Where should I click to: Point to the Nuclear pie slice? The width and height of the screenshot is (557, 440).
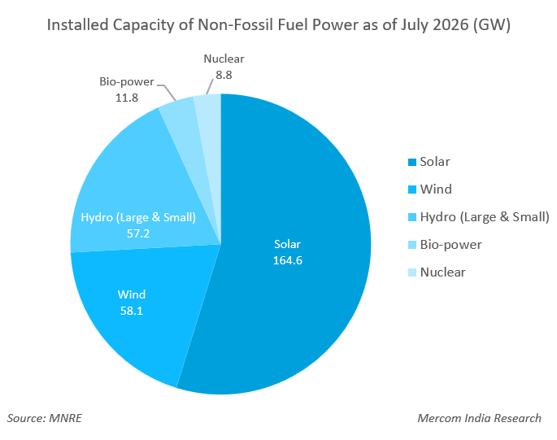211,142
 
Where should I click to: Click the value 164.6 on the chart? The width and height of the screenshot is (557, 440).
287,260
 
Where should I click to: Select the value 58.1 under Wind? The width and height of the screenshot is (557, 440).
132,311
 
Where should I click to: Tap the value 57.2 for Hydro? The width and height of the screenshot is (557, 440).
138,233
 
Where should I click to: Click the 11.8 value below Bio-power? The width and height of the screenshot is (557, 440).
127,98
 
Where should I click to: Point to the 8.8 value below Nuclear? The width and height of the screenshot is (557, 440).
224,75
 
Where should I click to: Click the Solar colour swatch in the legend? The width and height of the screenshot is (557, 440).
412,163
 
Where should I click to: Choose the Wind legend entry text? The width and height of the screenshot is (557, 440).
436,189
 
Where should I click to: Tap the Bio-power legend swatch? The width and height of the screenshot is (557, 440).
412,245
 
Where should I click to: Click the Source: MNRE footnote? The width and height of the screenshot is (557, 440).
45,418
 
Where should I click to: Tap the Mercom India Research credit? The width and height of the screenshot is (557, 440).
479,418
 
